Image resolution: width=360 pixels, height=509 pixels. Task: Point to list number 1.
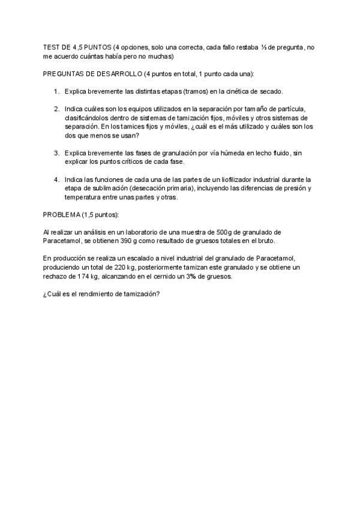pyautogui.click(x=56, y=91)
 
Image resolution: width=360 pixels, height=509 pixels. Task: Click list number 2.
pyautogui.click(x=56, y=109)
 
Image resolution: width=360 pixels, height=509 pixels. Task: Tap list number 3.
pyautogui.click(x=56, y=153)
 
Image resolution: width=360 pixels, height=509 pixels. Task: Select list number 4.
pyautogui.click(x=56, y=179)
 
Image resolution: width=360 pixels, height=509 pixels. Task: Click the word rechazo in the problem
pyautogui.click(x=58, y=276)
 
